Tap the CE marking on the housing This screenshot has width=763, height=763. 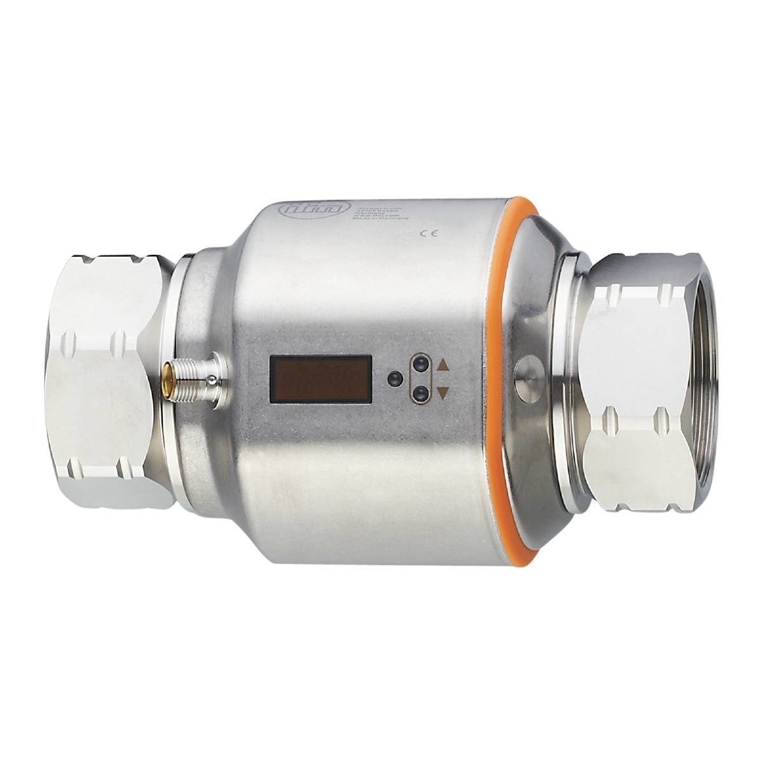427,233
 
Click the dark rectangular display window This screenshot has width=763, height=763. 320,380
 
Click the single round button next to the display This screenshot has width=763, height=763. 394,380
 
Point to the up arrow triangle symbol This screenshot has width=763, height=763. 443,366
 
